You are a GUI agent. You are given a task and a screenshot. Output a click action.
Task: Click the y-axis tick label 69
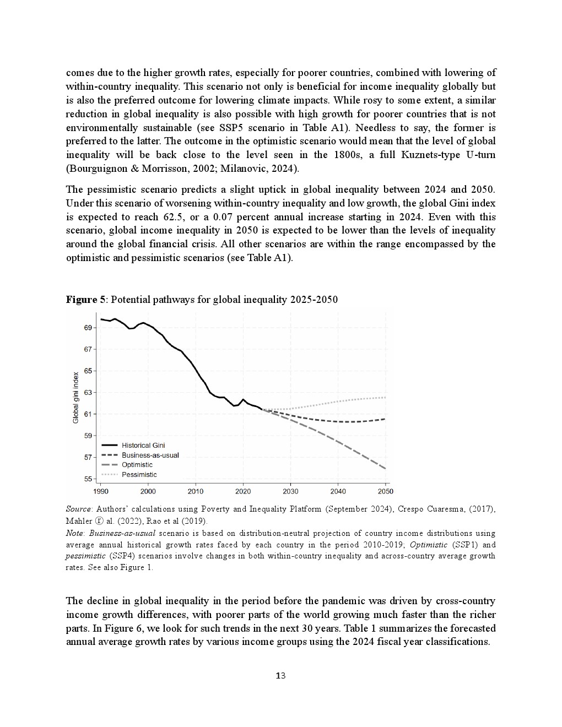(88, 328)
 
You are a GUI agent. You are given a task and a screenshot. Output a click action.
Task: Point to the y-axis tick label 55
(88, 479)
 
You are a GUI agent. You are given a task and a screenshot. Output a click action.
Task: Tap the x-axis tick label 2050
(385, 491)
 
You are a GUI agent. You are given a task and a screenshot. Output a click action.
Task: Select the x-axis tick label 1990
(101, 491)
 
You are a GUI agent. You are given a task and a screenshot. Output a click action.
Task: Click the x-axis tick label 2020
(243, 491)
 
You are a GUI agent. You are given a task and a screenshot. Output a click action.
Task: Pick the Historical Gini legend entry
(143, 445)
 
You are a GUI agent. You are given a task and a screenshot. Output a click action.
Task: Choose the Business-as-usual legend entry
(150, 455)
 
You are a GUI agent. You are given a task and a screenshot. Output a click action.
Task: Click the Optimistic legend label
(137, 465)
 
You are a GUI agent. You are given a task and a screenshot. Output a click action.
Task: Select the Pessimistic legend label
(139, 475)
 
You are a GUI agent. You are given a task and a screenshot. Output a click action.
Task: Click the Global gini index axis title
(76, 398)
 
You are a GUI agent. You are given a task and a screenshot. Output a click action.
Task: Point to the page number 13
(280, 676)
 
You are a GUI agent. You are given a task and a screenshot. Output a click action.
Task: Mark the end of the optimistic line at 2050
(385, 468)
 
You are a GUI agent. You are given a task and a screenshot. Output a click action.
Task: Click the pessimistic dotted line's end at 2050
(385, 397)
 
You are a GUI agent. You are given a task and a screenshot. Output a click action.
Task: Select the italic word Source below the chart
(78, 509)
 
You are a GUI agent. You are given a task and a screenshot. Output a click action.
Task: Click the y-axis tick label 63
(88, 393)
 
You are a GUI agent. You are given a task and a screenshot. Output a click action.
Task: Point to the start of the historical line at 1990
(101, 319)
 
